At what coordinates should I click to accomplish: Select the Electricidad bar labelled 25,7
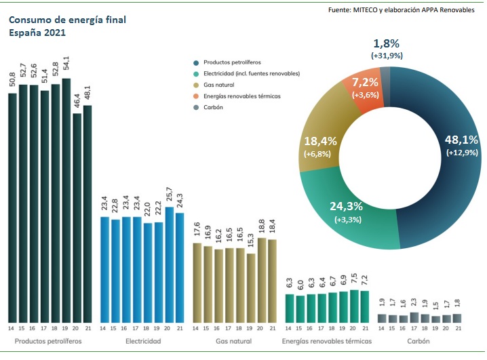(170, 264)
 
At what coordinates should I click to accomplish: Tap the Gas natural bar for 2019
(252, 287)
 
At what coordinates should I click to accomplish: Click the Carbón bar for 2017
(414, 317)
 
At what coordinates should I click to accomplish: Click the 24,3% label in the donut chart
(346, 207)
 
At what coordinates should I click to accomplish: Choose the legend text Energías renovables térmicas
(242, 96)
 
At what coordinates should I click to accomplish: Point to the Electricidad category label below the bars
(143, 341)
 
